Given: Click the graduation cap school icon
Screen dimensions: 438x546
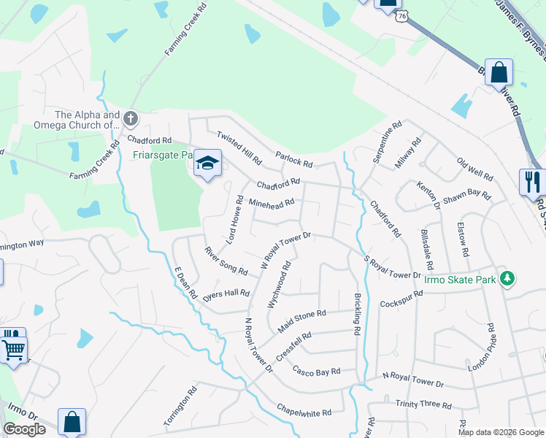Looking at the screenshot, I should tap(208, 164).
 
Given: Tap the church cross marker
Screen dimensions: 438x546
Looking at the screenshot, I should tap(130, 118).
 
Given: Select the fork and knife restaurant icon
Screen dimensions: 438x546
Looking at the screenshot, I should tap(532, 181).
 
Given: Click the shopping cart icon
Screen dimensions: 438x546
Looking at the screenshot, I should tap(14, 349).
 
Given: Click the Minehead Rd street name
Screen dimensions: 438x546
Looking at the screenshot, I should tap(272, 203).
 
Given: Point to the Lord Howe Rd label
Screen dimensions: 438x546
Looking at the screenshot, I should tap(235, 219).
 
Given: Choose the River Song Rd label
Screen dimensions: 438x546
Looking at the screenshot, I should tap(226, 261).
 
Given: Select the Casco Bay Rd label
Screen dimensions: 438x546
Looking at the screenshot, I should tap(317, 371).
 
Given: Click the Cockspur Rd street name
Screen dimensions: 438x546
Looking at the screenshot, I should tap(401, 299).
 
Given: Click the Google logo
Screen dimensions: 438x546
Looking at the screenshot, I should tap(25, 429).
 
